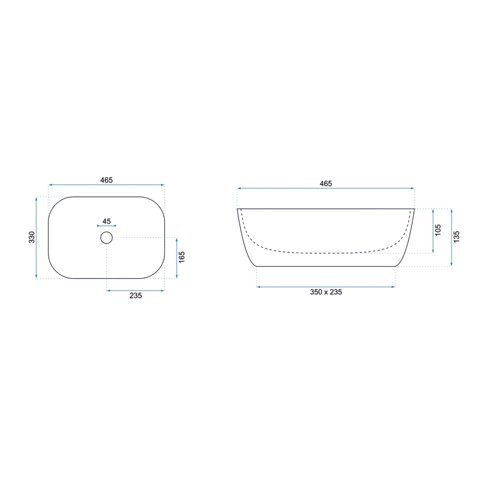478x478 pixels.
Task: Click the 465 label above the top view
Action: (x=106, y=180)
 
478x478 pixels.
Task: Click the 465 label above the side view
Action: (x=325, y=183)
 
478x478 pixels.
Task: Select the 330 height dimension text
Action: (x=31, y=237)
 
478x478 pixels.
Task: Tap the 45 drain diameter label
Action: (x=106, y=221)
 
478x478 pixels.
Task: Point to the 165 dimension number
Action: (x=182, y=257)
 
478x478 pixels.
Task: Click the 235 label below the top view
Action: (x=135, y=295)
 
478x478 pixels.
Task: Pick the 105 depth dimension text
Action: (x=438, y=230)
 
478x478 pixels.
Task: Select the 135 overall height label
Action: (x=457, y=236)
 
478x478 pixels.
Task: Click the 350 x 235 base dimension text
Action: (x=325, y=292)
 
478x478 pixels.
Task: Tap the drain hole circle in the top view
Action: (x=106, y=237)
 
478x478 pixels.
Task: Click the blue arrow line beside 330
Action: (x=37, y=237)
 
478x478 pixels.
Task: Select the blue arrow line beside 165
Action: (x=176, y=257)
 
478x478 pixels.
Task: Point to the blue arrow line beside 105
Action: (x=433, y=231)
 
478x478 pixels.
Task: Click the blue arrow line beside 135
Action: (x=451, y=237)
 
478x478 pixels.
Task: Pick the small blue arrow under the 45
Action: (x=106, y=226)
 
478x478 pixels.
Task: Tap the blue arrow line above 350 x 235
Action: (x=325, y=286)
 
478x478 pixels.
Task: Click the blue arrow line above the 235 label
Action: (x=135, y=290)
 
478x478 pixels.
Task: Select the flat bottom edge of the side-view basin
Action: (x=325, y=266)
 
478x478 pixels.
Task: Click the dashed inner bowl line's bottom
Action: (x=325, y=253)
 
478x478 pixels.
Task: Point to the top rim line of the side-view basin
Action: (x=325, y=209)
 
